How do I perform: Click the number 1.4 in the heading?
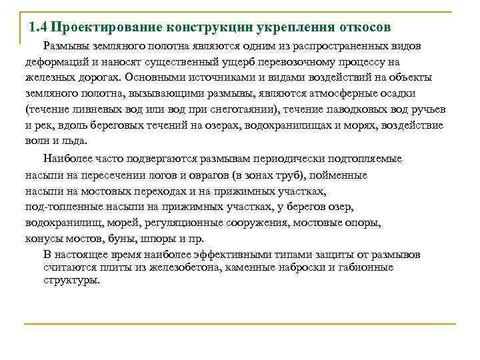[38, 29]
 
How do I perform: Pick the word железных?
[48, 77]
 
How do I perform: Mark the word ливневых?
[90, 109]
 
